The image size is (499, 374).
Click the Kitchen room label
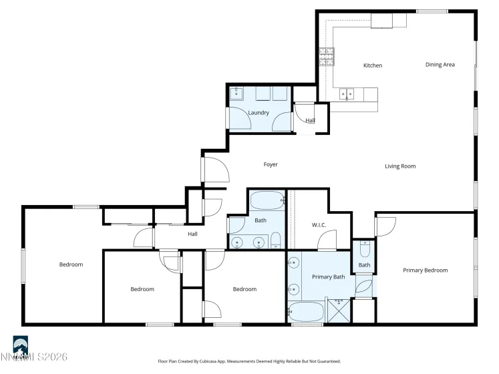pyautogui.click(x=372, y=65)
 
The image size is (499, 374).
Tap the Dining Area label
pyautogui.click(x=440, y=65)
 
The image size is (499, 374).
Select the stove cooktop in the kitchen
pyautogui.click(x=327, y=55)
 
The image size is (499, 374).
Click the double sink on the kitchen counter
pyautogui.click(x=347, y=94)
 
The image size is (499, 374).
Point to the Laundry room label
pyautogui.click(x=259, y=113)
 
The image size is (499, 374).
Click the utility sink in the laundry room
pyautogui.click(x=238, y=94)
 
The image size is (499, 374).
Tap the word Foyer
pyautogui.click(x=270, y=164)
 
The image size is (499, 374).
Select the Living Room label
pyautogui.click(x=400, y=166)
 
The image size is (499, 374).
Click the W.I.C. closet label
pyautogui.click(x=319, y=225)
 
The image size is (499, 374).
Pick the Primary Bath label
pyautogui.click(x=328, y=276)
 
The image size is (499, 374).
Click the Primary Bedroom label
pyautogui.click(x=425, y=270)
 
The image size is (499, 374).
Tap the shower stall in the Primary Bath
pyautogui.click(x=339, y=311)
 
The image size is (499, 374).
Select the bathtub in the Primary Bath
pyautogui.click(x=305, y=311)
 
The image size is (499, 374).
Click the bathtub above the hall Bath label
pyautogui.click(x=267, y=199)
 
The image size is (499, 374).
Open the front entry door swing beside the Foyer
pyautogui.click(x=216, y=170)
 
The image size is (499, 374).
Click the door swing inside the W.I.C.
pyautogui.click(x=327, y=240)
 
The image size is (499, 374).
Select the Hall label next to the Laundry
pyautogui.click(x=310, y=120)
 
